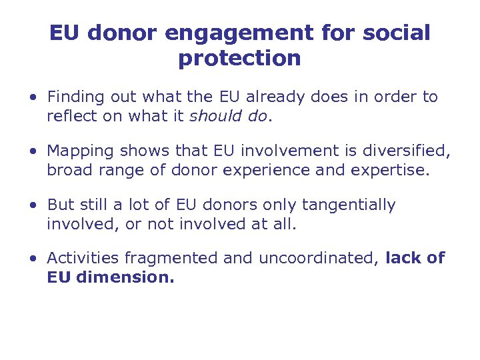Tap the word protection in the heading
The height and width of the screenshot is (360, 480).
pos(239,59)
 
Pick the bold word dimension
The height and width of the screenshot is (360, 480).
pos(125,277)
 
